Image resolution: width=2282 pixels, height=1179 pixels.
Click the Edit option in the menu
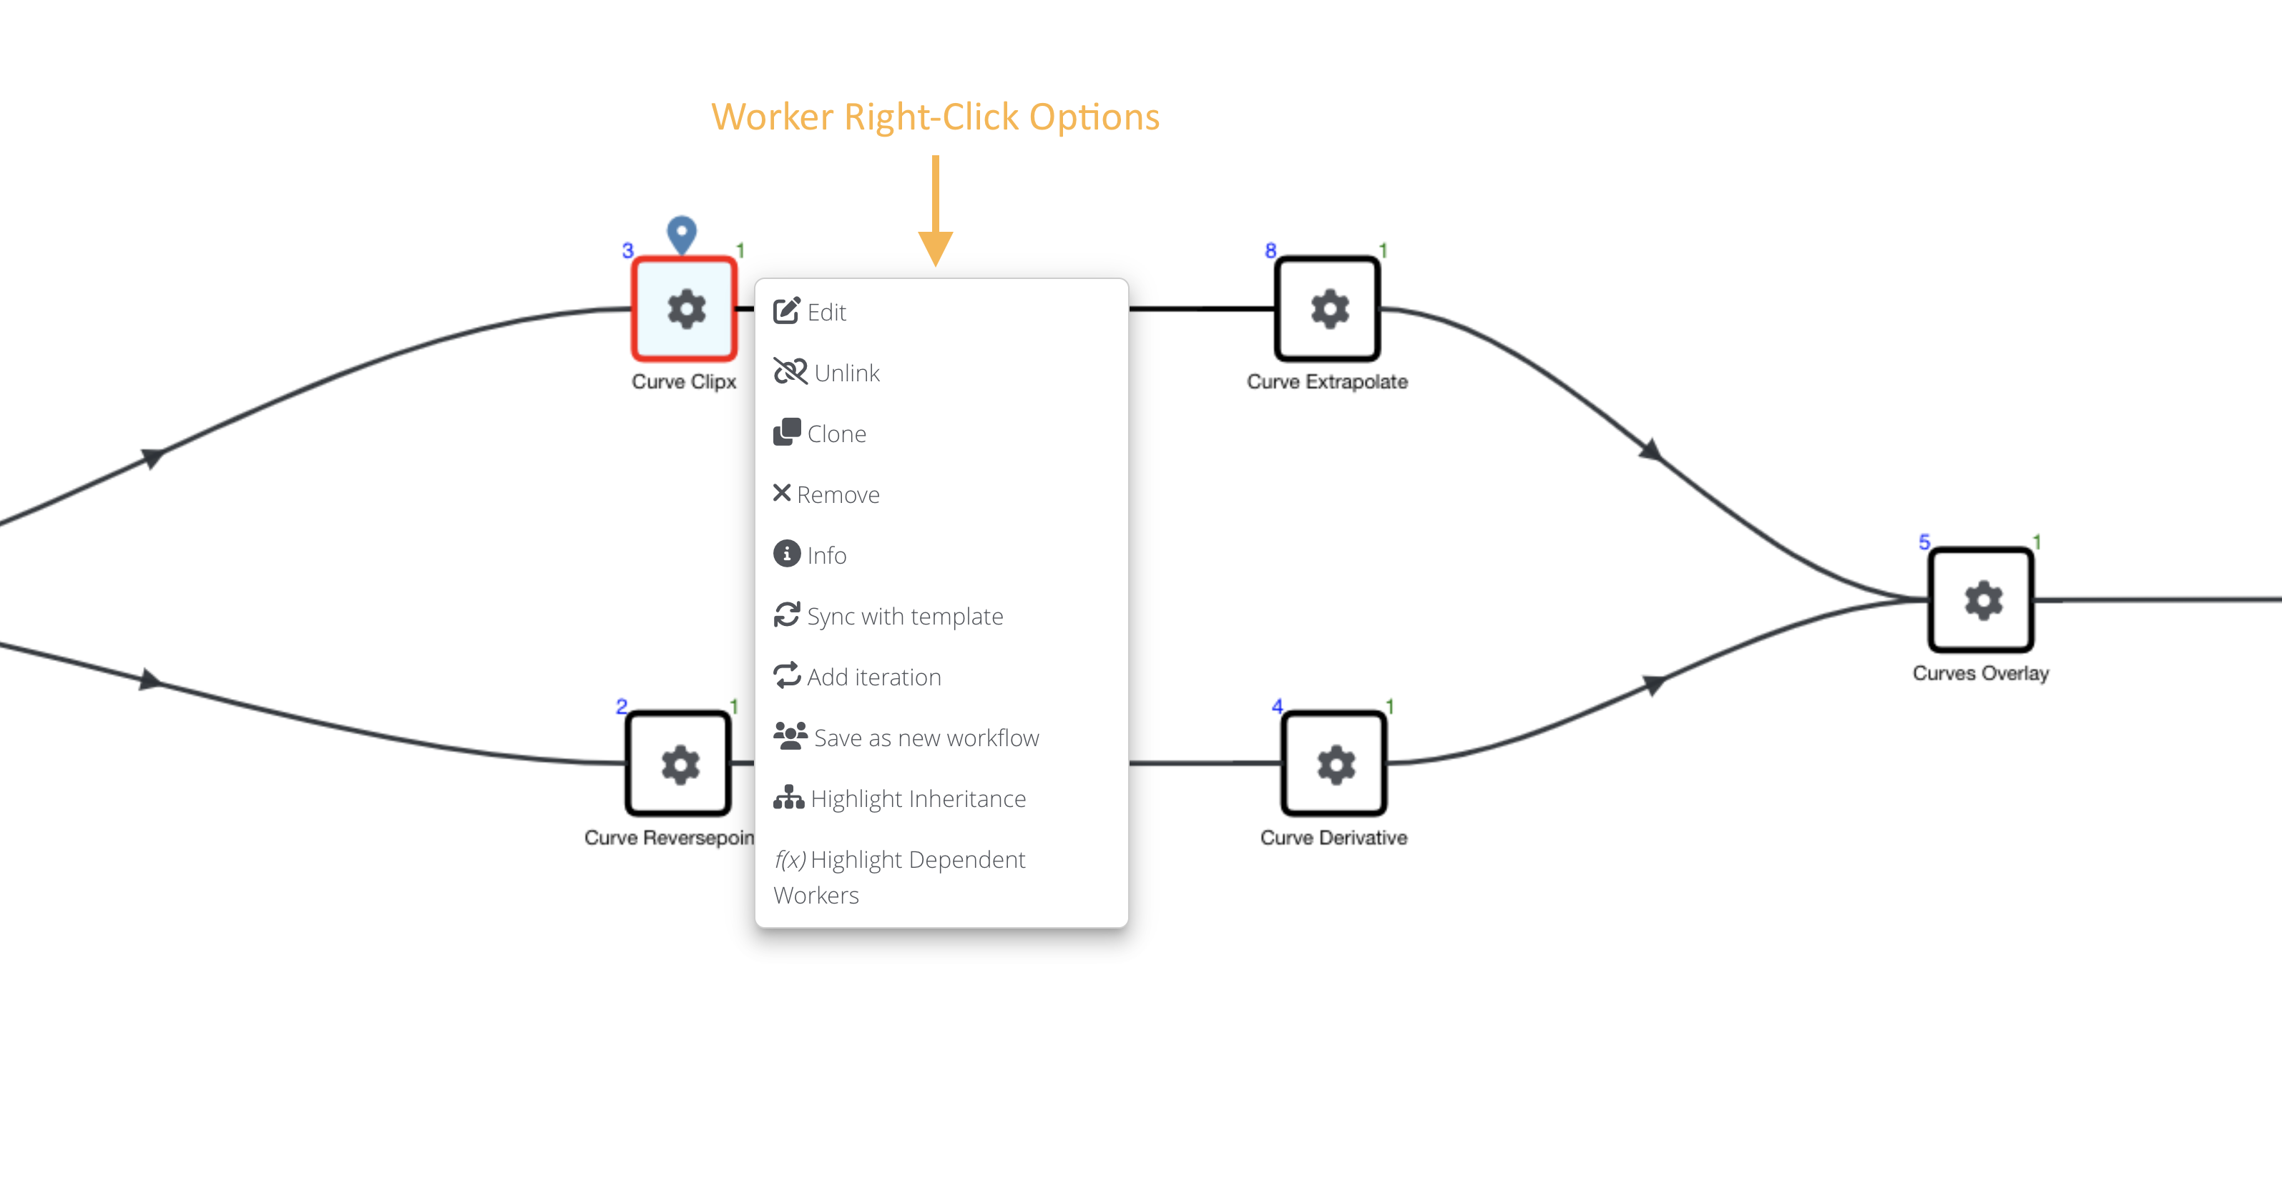(810, 312)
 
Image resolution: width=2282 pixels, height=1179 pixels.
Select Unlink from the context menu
(826, 373)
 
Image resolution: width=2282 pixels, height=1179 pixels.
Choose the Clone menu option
(819, 433)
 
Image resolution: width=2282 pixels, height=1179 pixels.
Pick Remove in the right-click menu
(826, 494)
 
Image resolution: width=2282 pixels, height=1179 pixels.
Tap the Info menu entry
(810, 554)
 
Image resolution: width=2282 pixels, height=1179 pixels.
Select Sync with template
(888, 616)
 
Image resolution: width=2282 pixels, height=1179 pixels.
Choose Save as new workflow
(906, 737)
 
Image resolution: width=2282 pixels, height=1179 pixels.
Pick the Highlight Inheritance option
(900, 798)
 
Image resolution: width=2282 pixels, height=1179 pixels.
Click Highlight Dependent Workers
(900, 877)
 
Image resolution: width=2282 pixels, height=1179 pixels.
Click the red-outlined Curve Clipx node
(684, 309)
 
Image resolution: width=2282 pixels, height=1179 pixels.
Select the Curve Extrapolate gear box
(1327, 309)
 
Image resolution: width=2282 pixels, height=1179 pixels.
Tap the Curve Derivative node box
(1333, 763)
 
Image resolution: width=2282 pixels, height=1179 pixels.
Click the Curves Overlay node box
(1982, 600)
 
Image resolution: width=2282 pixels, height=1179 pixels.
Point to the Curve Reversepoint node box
(679, 763)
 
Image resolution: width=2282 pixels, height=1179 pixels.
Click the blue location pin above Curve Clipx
(681, 235)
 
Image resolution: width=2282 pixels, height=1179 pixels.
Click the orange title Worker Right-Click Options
(936, 117)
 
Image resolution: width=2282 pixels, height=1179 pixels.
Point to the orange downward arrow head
(936, 248)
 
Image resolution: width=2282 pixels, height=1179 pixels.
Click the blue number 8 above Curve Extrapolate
(1270, 250)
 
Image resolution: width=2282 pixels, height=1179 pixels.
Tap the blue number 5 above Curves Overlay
(1924, 542)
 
